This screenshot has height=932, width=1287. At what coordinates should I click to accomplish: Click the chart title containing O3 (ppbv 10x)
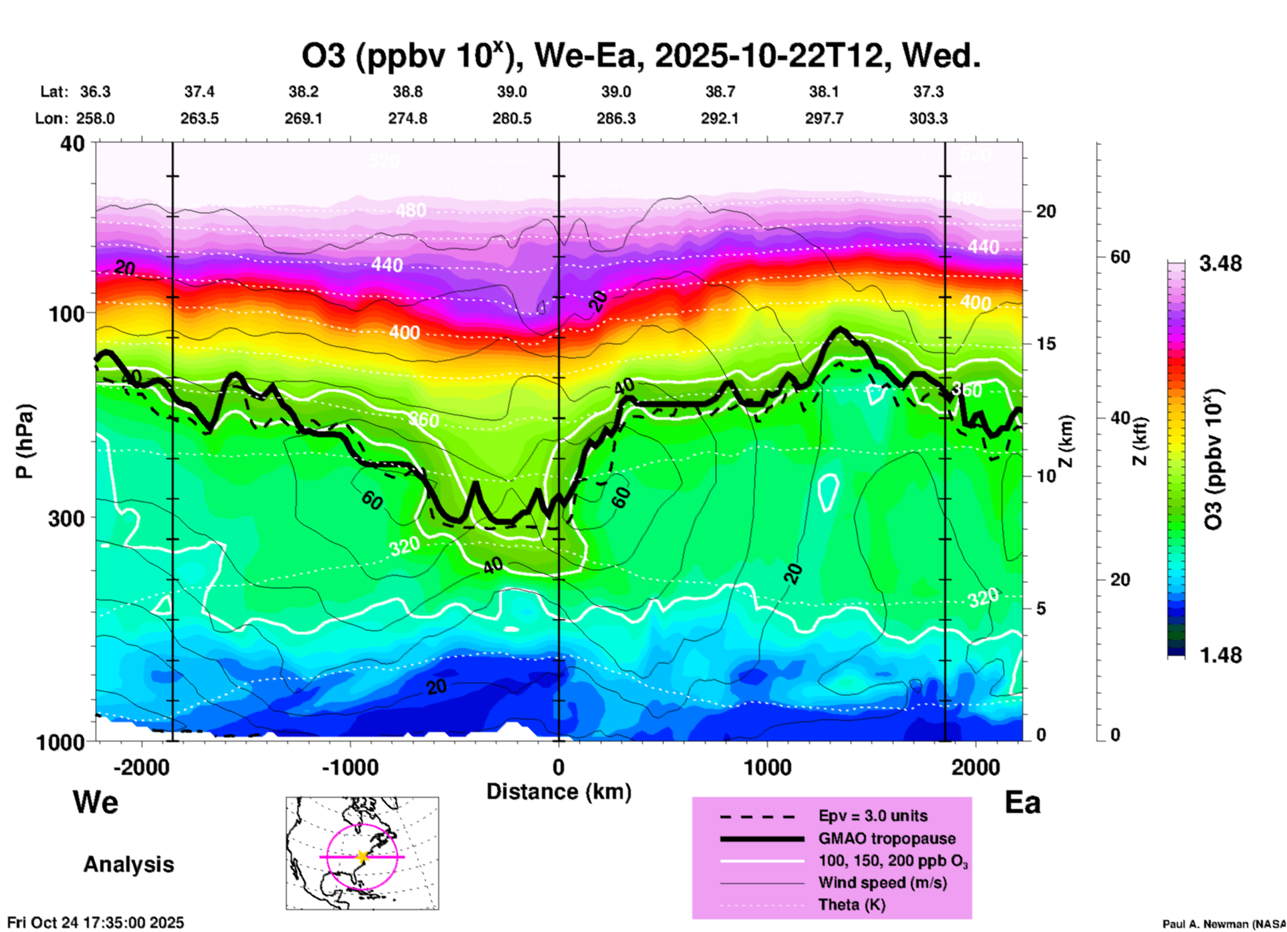coord(640,56)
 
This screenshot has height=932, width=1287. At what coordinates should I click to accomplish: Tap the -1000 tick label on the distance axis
coord(349,768)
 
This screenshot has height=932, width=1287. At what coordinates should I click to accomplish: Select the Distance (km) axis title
coord(559,792)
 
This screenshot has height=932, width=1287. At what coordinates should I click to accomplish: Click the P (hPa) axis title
coord(25,441)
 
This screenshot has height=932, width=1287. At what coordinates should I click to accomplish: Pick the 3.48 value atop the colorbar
coord(1220,264)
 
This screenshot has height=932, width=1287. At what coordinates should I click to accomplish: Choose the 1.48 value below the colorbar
coord(1220,655)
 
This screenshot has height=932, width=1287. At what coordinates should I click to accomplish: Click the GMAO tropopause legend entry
coord(887,838)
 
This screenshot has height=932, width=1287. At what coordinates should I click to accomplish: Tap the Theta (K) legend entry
coord(852,905)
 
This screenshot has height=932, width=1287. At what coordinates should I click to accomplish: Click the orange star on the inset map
coord(362,856)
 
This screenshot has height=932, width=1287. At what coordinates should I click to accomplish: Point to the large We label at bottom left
coord(96,802)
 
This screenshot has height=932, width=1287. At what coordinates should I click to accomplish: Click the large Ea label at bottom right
coord(1022,802)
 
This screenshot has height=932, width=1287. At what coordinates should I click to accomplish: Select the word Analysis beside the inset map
coord(128,864)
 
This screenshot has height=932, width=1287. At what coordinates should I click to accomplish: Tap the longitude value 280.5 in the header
coord(512,118)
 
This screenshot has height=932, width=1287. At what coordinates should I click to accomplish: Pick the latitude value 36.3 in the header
coord(95,92)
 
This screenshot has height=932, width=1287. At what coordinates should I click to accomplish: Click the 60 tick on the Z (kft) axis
coord(1120,257)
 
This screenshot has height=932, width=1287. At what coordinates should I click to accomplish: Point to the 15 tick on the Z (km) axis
coord(1046,344)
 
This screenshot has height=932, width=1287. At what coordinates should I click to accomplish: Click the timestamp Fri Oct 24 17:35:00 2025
coord(96,923)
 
